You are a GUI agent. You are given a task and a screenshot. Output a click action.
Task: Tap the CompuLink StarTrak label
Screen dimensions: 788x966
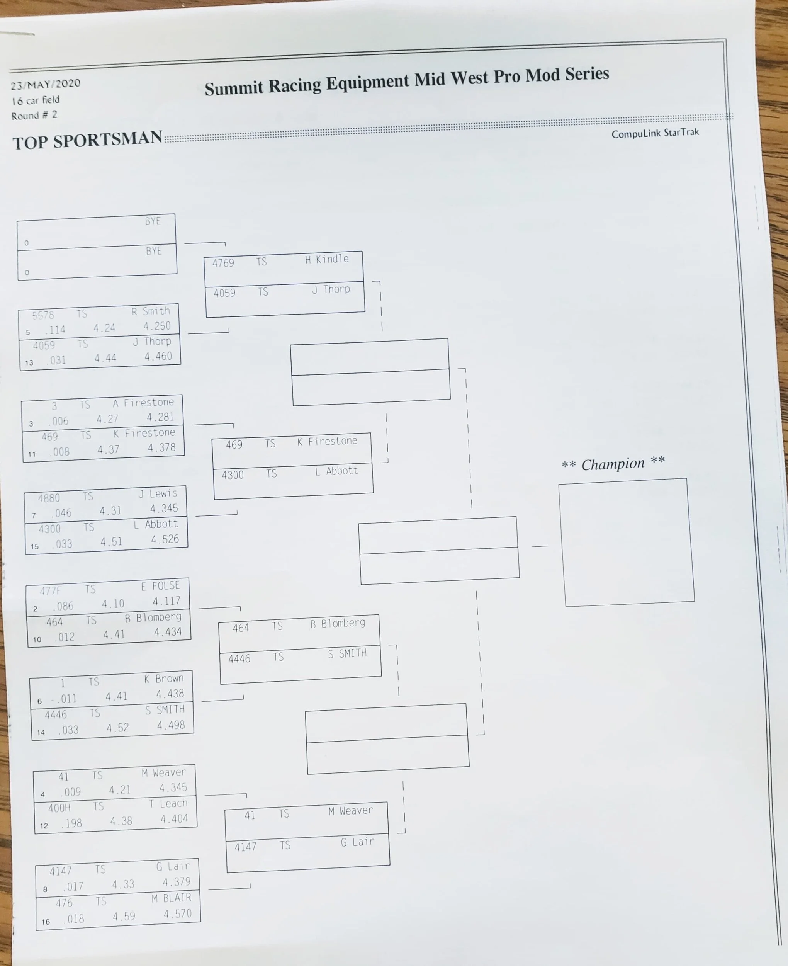pyautogui.click(x=655, y=133)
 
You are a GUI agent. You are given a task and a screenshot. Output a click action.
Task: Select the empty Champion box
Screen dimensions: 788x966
pyautogui.click(x=627, y=542)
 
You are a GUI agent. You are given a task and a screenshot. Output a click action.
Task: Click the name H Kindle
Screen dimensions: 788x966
pyautogui.click(x=327, y=259)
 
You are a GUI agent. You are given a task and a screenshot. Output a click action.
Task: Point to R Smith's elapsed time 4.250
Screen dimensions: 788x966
pyautogui.click(x=157, y=327)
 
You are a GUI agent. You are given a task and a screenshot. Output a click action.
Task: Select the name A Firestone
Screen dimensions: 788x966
pyautogui.click(x=143, y=403)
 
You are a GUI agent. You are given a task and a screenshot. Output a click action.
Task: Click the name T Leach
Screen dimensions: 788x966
pyautogui.click(x=168, y=803)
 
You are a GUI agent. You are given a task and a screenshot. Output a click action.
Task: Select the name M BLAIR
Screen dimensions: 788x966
pyautogui.click(x=172, y=898)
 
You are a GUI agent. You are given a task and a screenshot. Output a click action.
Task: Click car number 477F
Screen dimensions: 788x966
pyautogui.click(x=50, y=590)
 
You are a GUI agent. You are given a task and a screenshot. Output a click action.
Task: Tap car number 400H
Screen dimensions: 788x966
pyautogui.click(x=59, y=808)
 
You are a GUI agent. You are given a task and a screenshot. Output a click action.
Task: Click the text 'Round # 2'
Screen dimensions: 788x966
pyautogui.click(x=34, y=115)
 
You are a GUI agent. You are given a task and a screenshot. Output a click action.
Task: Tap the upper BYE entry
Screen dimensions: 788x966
pyautogui.click(x=153, y=221)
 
